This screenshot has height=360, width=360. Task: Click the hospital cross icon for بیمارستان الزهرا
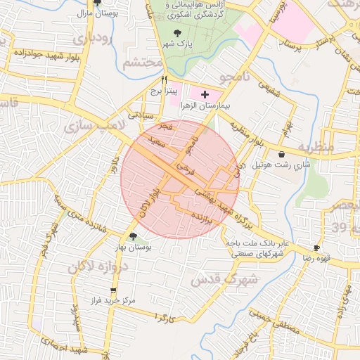tap(205, 94)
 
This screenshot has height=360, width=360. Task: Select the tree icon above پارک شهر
tap(176, 32)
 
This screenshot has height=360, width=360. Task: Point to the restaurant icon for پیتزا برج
tap(164, 79)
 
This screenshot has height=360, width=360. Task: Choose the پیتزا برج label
tap(164, 91)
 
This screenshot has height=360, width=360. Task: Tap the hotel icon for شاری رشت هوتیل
tap(282, 154)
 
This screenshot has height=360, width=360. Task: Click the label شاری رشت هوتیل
tap(282, 166)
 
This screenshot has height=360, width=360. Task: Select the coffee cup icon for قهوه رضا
tap(316, 247)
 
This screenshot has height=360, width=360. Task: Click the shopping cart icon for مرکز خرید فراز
tap(112, 290)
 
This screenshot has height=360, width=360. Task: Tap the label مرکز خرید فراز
tap(112, 301)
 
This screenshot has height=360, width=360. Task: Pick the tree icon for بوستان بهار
tap(134, 236)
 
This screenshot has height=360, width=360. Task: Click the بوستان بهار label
tap(134, 247)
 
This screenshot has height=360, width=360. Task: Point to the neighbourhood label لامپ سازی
tap(91, 127)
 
